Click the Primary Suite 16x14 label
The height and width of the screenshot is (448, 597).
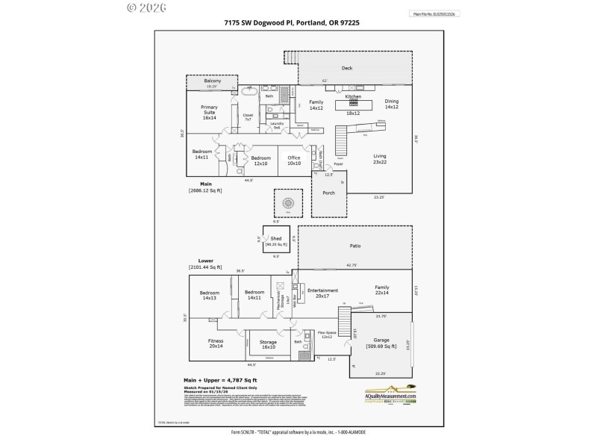point(209,112)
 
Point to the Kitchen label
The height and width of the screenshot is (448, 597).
point(353,97)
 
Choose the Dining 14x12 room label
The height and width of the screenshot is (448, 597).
point(392,104)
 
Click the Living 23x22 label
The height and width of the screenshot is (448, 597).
point(380,158)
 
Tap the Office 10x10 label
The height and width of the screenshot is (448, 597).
point(294,160)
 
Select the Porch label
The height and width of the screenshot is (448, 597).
point(329,193)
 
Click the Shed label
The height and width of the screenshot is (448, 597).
point(276,239)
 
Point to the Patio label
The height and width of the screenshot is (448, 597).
point(355,245)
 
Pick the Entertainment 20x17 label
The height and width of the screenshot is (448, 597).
point(323,293)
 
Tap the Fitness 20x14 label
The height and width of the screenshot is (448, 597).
point(216,343)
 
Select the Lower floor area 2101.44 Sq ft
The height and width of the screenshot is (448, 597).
point(205,267)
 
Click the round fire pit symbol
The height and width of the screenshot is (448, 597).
point(288,202)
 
